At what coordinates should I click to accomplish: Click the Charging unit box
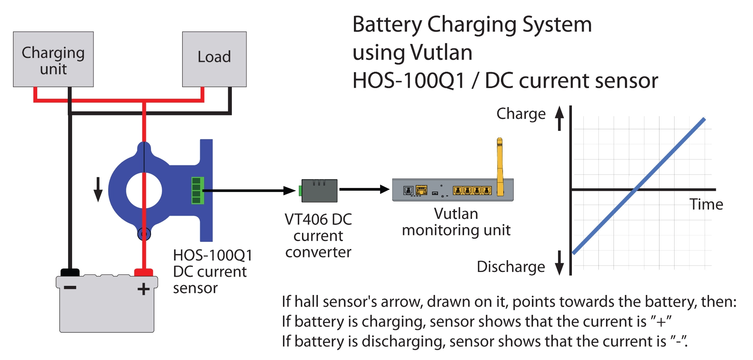pos(53,59)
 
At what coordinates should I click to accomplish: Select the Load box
pos(214,59)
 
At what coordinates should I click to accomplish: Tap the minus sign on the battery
pos(70,287)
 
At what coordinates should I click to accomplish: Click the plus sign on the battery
pos(143,289)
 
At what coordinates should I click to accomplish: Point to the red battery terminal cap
pos(143,272)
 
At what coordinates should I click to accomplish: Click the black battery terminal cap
pos(70,272)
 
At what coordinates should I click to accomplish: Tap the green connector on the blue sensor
pos(197,191)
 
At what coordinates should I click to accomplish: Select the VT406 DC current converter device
pos(319,191)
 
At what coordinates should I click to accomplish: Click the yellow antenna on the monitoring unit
pos(500,167)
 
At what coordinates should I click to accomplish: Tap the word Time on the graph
pos(706,205)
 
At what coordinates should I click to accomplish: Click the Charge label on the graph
pos(521,114)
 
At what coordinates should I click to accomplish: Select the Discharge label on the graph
pos(511,267)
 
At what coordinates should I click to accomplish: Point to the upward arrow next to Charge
pos(560,118)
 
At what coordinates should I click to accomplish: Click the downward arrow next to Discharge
pos(560,263)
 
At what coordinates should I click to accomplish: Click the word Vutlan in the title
pos(441,52)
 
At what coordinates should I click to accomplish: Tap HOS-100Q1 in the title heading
pos(409,81)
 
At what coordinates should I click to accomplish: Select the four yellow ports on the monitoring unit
pos(472,191)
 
